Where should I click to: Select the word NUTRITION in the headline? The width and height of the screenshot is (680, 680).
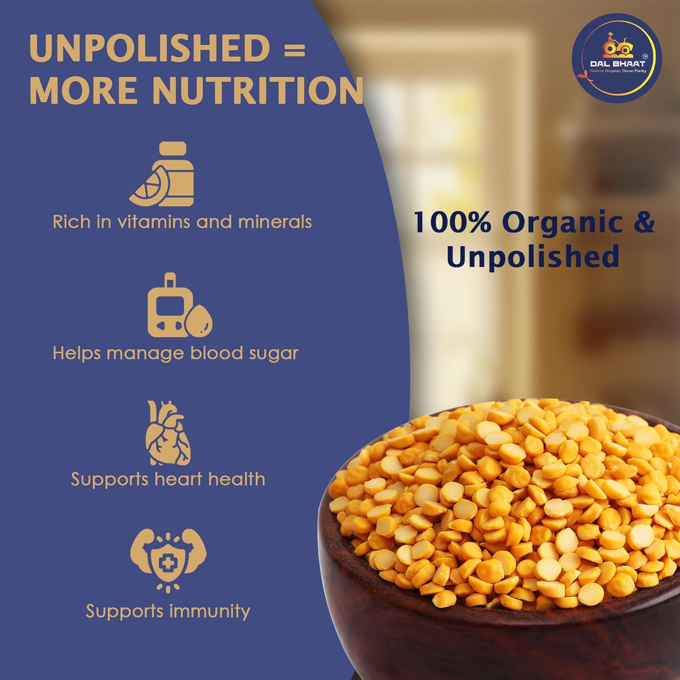click(x=257, y=90)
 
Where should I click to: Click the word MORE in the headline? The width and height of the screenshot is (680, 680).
click(x=84, y=90)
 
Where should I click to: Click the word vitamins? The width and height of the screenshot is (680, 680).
click(x=154, y=222)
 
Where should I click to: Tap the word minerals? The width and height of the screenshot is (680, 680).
click(x=275, y=222)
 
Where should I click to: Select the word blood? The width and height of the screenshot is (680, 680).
click(x=217, y=353)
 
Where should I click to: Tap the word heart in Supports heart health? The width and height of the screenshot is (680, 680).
click(x=177, y=479)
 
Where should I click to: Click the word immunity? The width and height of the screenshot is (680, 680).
click(x=209, y=611)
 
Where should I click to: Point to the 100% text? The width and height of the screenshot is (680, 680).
click(x=452, y=222)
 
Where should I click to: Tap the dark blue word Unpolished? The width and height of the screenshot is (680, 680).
click(x=533, y=256)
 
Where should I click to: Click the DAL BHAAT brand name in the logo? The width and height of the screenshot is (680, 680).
click(x=617, y=64)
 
